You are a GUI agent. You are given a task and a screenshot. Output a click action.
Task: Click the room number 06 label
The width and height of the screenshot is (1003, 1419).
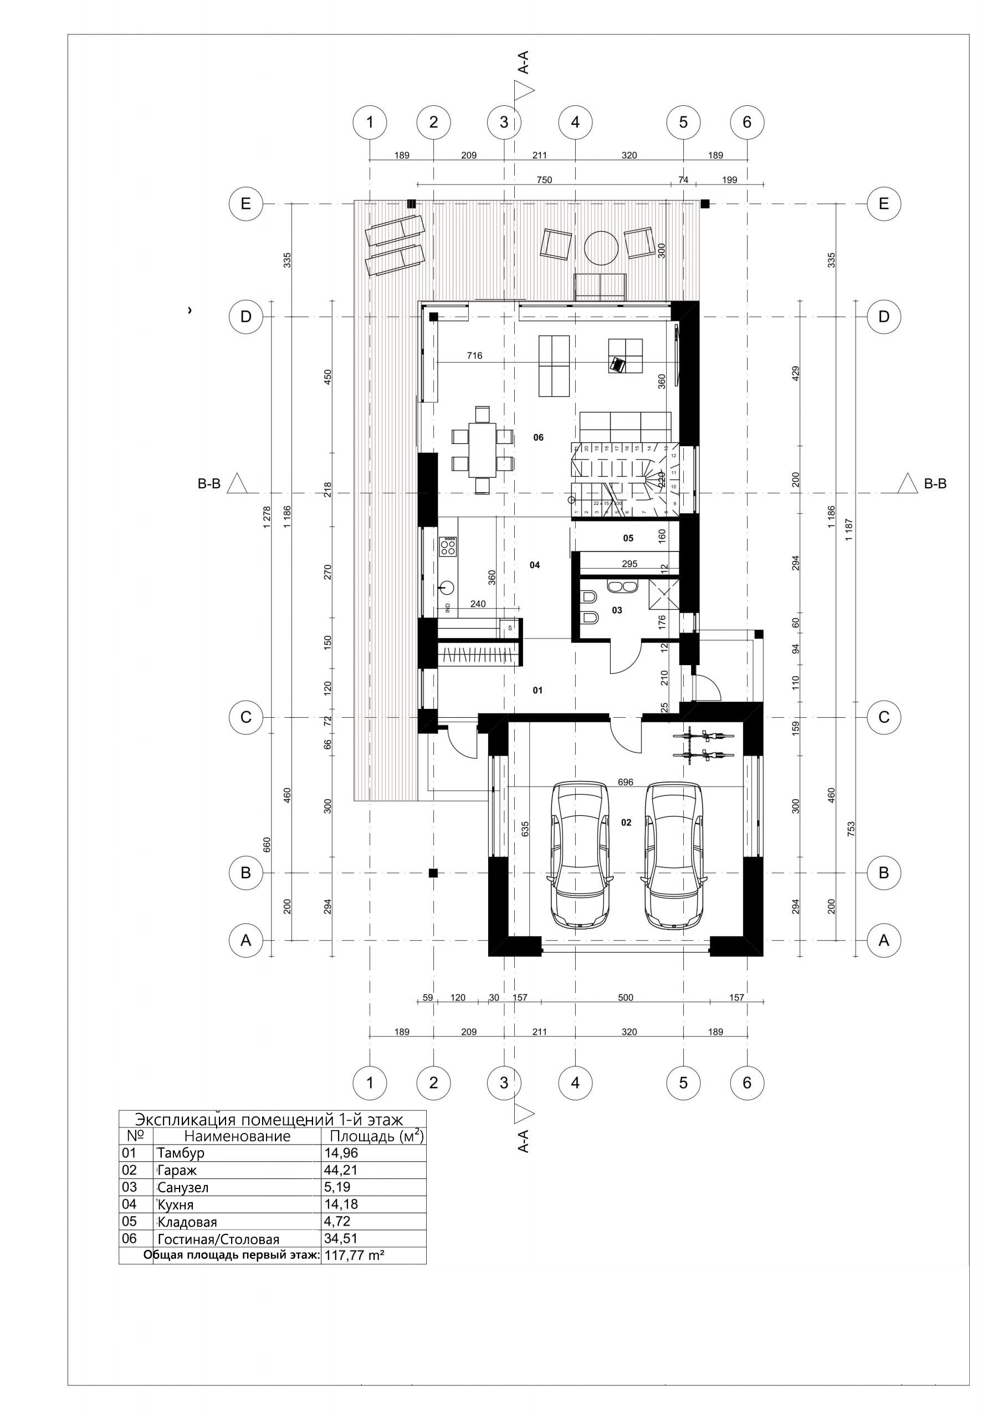(538, 437)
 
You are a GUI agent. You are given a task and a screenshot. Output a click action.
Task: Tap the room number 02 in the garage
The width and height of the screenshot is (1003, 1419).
(626, 823)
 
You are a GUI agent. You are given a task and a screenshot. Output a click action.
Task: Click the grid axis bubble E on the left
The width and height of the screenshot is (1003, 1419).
(246, 203)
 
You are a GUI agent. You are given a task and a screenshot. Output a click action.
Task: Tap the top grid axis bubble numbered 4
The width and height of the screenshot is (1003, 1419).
(575, 122)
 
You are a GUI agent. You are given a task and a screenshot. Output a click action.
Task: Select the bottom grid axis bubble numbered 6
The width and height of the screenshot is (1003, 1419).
(746, 1082)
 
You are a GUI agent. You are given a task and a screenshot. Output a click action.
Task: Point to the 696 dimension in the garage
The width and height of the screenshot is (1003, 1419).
(626, 782)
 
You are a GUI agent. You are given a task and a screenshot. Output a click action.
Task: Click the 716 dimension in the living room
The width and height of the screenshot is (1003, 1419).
(474, 355)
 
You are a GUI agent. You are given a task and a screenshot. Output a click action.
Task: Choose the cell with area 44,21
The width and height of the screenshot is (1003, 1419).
(341, 1170)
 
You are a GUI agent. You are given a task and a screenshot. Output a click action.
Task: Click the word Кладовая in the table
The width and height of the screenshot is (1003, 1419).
(187, 1222)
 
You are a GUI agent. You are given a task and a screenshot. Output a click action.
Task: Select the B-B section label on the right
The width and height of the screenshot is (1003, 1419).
(935, 484)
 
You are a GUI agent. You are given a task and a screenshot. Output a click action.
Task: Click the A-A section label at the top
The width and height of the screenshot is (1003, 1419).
(524, 63)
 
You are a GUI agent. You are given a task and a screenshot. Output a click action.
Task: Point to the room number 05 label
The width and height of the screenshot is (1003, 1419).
(628, 538)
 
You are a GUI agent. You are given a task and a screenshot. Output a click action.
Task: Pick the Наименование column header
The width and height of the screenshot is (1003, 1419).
(237, 1136)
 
